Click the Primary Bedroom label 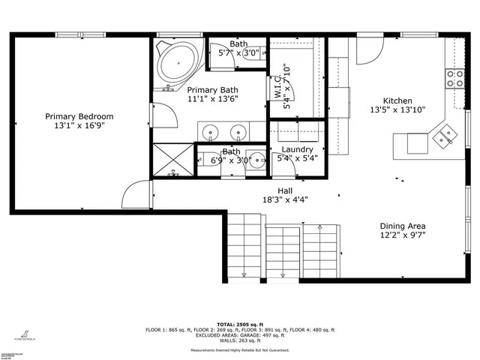tap(79, 116)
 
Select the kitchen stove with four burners tap(455, 78)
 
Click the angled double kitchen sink tap(448, 134)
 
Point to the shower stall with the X tap(172, 160)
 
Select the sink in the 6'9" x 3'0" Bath tap(257, 160)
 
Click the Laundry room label tap(298, 150)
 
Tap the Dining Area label tap(403, 226)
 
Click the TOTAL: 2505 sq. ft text tap(240, 323)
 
